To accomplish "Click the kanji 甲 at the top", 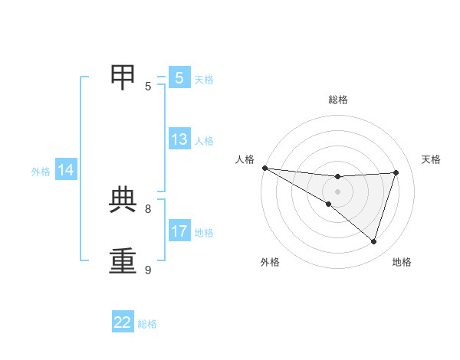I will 123,76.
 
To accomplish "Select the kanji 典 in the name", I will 123,200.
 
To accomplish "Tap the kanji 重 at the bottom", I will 123,260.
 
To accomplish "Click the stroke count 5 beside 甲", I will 148,87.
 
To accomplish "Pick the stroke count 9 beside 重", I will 148,270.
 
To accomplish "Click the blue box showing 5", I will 179,78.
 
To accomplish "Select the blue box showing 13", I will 179,139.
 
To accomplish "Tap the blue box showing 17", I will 179,231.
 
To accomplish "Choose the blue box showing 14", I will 66,171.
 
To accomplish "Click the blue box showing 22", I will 123,322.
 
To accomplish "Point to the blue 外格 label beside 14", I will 41,172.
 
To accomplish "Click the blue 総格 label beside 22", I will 147,324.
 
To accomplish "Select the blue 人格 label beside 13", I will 204,141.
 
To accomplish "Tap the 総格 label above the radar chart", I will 338,100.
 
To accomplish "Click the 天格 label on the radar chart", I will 431,159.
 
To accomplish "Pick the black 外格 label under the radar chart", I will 270,262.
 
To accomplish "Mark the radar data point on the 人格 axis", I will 264,168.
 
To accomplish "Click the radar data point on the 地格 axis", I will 373,241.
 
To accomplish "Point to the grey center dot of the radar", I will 337,191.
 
